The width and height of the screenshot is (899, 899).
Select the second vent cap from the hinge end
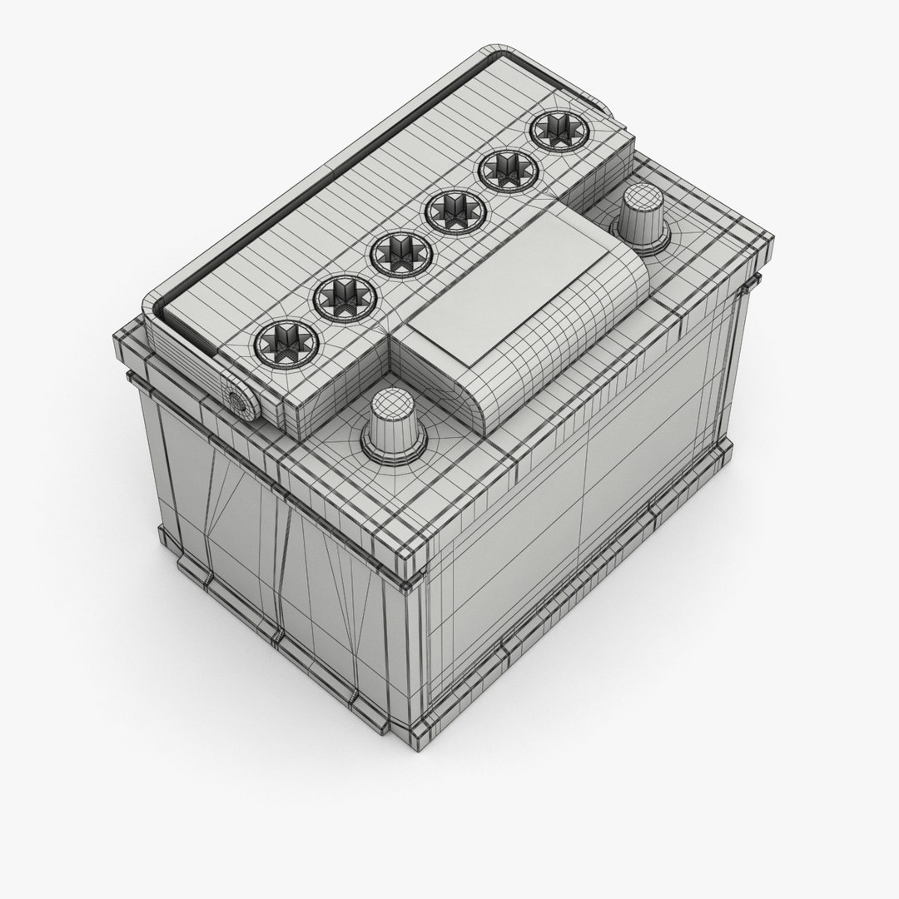tap(341, 292)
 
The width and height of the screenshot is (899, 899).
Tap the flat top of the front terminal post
tap(392, 405)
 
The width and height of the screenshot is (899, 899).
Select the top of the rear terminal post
tap(640, 198)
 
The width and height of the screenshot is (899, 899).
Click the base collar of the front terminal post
tap(392, 449)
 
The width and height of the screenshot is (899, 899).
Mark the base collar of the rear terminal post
tap(641, 237)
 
